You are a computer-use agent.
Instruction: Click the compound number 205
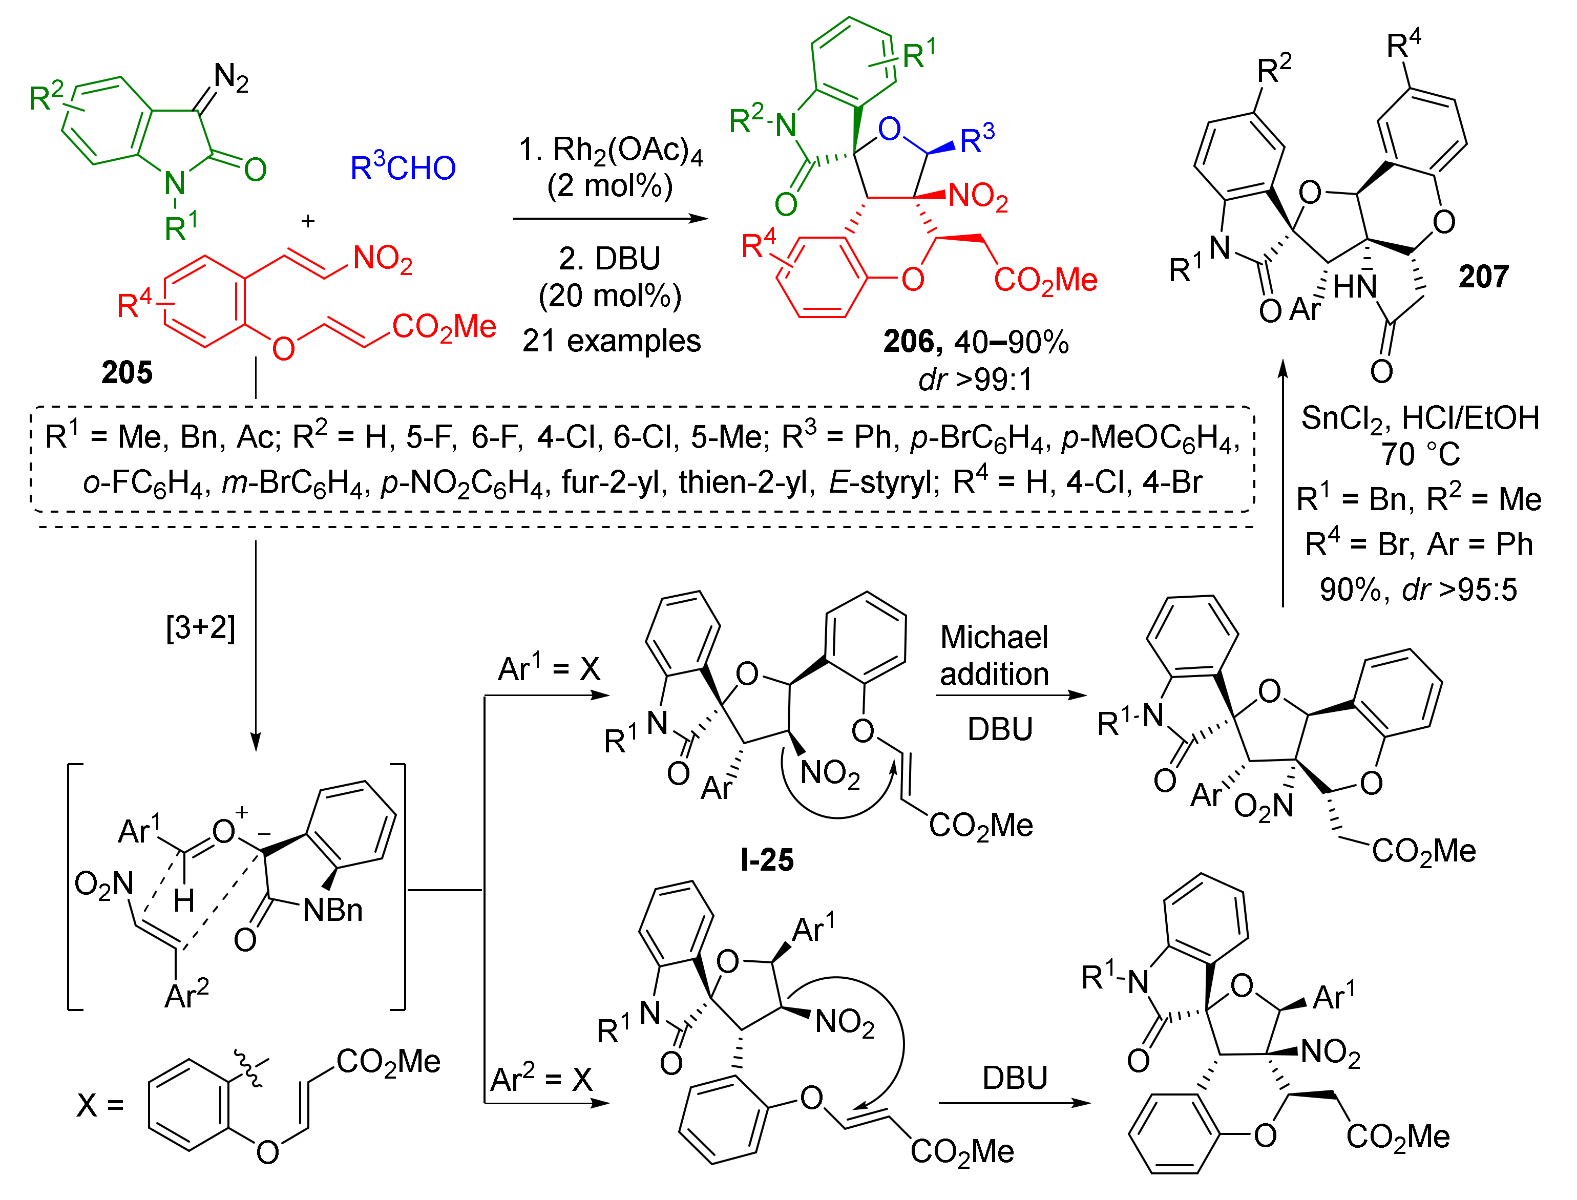[127, 372]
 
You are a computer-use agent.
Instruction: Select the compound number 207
[1483, 277]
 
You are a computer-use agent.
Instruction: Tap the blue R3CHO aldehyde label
[403, 168]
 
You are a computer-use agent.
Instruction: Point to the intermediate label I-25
[766, 859]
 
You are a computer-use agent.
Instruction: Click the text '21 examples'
[612, 341]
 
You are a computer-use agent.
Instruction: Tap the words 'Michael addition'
[994, 656]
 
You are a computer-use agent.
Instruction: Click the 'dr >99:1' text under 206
[976, 380]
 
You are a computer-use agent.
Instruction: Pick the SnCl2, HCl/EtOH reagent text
[1420, 418]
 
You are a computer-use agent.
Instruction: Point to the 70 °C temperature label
[1420, 454]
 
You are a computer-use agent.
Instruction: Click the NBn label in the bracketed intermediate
[333, 911]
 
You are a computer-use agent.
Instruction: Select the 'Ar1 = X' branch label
[549, 669]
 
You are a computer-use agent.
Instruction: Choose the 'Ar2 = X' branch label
[541, 1079]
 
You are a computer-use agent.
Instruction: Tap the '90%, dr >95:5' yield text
[1418, 590]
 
